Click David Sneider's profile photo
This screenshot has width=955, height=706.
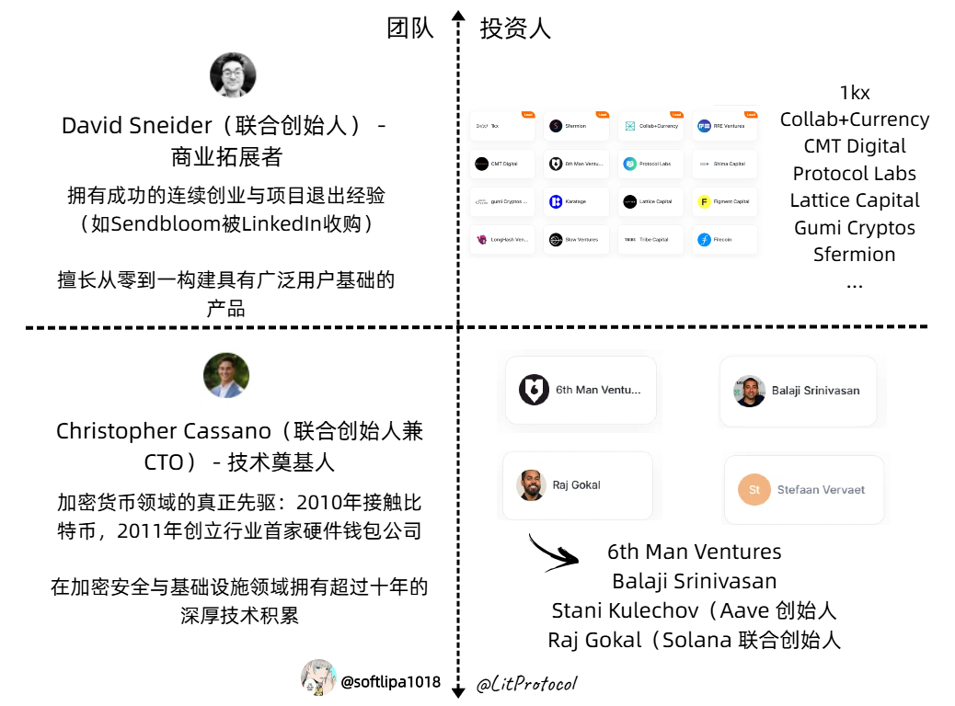233,74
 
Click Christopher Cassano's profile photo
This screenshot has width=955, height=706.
225,375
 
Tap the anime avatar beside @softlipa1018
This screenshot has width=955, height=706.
318,678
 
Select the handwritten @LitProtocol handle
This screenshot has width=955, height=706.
526,685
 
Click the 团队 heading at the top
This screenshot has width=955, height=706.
410,28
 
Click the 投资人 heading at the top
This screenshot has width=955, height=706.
515,28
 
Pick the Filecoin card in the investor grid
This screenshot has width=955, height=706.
724,240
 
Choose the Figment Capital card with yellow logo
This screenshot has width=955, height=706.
724,201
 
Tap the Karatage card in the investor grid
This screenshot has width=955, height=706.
576,201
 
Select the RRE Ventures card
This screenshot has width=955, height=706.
724,126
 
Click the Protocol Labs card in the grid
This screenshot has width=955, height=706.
650,164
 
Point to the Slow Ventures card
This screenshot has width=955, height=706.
576,240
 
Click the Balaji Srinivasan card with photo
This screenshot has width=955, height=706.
798,391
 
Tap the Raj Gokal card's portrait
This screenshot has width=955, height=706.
531,485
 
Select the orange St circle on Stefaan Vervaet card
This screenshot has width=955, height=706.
754,490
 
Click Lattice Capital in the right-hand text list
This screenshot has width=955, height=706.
854,200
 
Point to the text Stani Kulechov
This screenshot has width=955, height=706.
625,610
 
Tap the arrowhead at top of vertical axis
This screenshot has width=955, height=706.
457,16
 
